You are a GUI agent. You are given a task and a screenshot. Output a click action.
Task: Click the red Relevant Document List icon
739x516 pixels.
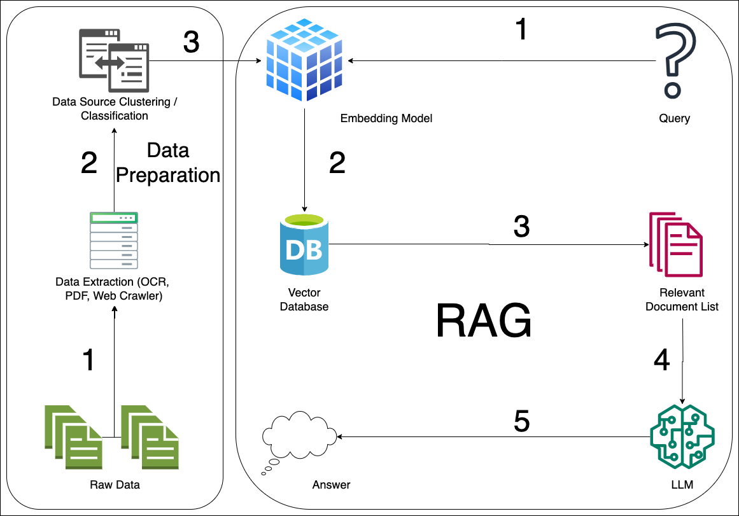[x=675, y=245]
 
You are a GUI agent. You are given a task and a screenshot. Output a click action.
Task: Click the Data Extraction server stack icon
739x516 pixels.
[x=114, y=241]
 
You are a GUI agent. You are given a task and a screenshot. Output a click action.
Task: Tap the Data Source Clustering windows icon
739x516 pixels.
[x=114, y=61]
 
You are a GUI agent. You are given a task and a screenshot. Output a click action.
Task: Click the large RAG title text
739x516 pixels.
[x=484, y=320]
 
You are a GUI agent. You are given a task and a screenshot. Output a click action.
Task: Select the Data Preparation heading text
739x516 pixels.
[x=168, y=163]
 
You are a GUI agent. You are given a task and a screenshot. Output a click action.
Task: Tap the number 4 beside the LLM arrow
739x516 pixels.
[x=662, y=361]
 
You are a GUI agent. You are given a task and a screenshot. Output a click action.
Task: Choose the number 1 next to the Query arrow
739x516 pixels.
[x=521, y=29]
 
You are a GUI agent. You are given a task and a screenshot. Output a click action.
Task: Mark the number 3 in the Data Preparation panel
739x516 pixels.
[x=191, y=43]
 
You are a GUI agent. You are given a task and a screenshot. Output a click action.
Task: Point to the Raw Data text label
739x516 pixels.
[x=115, y=485]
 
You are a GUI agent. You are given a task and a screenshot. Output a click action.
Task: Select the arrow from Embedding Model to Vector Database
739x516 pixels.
[x=305, y=159]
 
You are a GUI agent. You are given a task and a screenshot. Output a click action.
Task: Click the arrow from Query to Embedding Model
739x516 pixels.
[x=496, y=61]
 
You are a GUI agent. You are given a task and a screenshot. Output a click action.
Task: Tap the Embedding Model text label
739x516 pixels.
[x=386, y=118]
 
